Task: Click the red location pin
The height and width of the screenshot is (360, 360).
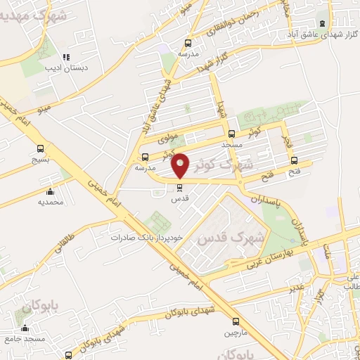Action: (x=181, y=165)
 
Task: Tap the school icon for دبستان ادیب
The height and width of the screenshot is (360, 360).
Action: (x=65, y=57)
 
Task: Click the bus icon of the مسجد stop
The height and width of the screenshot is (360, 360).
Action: (x=232, y=133)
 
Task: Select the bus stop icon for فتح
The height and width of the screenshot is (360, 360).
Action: (x=294, y=160)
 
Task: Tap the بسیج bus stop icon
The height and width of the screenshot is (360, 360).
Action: (x=41, y=148)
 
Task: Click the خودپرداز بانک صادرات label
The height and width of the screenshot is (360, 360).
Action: (x=146, y=237)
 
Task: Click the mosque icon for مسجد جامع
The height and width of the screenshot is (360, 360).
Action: (x=25, y=328)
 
